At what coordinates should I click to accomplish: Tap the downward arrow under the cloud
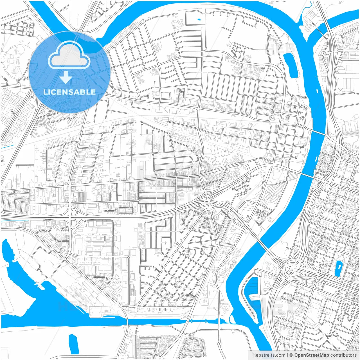coord(66,77)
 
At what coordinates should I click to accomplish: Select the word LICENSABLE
coord(69,92)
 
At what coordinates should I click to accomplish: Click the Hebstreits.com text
coord(269,355)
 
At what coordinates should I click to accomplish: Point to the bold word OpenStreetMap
coord(312,355)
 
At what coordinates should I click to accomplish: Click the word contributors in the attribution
coord(343,355)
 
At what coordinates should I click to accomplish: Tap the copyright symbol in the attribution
coord(291,355)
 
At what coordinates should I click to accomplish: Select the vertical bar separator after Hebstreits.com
coord(287,355)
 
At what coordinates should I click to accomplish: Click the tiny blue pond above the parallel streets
coord(199,20)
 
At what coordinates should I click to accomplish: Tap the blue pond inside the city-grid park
coord(338,268)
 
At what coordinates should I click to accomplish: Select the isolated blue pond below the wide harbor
coord(73,344)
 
